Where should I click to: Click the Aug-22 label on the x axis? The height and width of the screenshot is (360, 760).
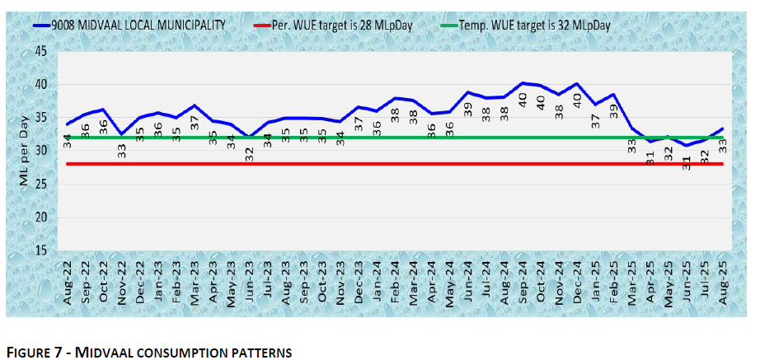[x=68, y=280]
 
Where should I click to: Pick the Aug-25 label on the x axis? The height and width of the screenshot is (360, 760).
[x=723, y=280]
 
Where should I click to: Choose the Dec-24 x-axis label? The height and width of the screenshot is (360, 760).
[x=577, y=280]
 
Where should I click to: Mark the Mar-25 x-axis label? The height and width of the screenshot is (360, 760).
[x=632, y=280]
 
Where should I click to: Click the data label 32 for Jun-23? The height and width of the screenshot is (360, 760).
[x=249, y=153]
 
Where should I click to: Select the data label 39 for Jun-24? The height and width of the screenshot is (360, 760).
[x=467, y=106]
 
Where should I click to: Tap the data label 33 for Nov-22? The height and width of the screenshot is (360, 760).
[x=122, y=149]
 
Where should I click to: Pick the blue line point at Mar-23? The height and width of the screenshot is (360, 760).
[x=195, y=105]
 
